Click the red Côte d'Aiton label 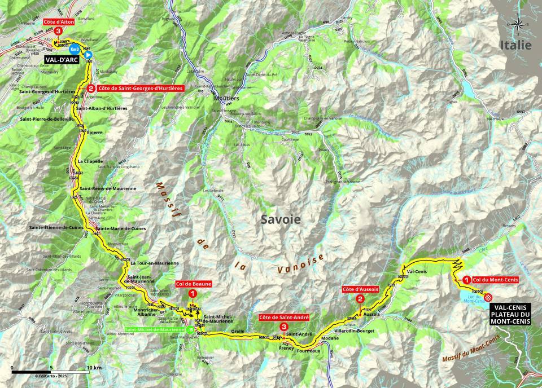(59, 21)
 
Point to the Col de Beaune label (194, 284)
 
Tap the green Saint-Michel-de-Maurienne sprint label (155, 329)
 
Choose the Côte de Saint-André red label (284, 318)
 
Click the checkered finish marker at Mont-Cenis (488, 298)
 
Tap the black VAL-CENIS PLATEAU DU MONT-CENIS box (511, 314)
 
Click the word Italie (515, 45)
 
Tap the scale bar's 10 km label (94, 367)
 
